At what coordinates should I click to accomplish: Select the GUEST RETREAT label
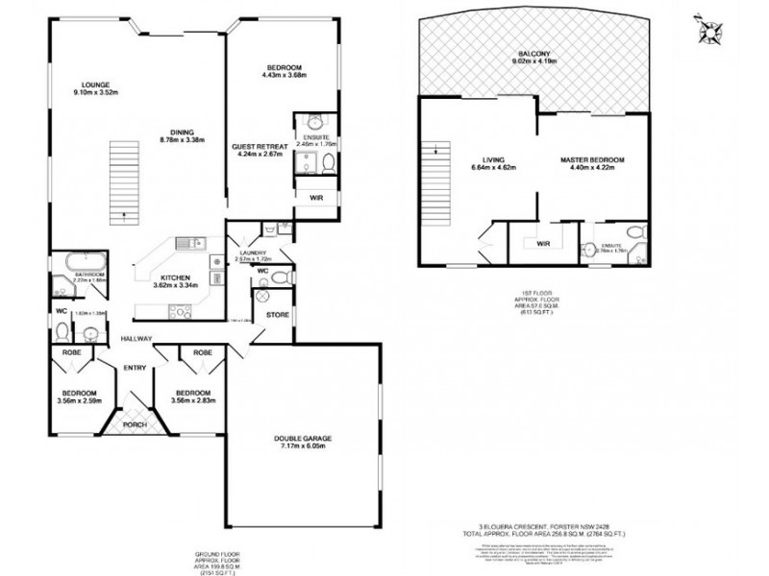(258, 146)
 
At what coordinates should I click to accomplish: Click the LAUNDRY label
(255, 252)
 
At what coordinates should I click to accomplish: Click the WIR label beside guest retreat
(316, 198)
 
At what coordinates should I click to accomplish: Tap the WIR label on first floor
(543, 243)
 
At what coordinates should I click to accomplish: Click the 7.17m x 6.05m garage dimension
(301, 447)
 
